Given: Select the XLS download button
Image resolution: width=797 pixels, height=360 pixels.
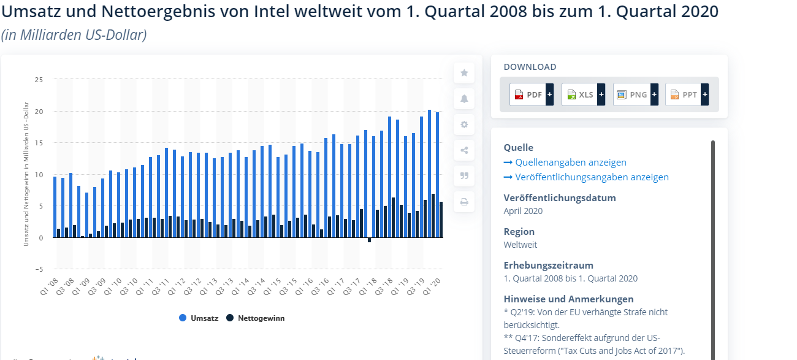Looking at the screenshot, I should (583, 94).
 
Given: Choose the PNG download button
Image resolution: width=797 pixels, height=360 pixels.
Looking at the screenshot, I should (635, 94).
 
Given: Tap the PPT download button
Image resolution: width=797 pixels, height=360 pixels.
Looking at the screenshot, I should (687, 94).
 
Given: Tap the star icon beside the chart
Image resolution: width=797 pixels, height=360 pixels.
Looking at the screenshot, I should (464, 73).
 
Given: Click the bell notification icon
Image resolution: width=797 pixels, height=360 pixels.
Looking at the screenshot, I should (464, 99).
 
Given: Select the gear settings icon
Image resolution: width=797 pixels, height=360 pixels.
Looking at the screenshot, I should (464, 124).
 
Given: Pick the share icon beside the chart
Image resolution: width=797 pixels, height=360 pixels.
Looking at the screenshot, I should (464, 150).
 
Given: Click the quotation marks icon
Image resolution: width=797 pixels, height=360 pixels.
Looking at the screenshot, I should (464, 176).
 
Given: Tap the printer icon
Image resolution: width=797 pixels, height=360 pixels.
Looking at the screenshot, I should (464, 201).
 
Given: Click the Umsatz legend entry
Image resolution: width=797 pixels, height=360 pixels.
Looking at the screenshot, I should (199, 318).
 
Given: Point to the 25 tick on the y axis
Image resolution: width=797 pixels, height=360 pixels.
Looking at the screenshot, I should (39, 80).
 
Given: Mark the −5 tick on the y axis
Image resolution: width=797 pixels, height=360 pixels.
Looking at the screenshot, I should (37, 269).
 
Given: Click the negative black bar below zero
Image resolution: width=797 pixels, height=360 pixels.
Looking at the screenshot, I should (370, 240).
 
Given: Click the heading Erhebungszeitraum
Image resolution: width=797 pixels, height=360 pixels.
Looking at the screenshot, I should (548, 266).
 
